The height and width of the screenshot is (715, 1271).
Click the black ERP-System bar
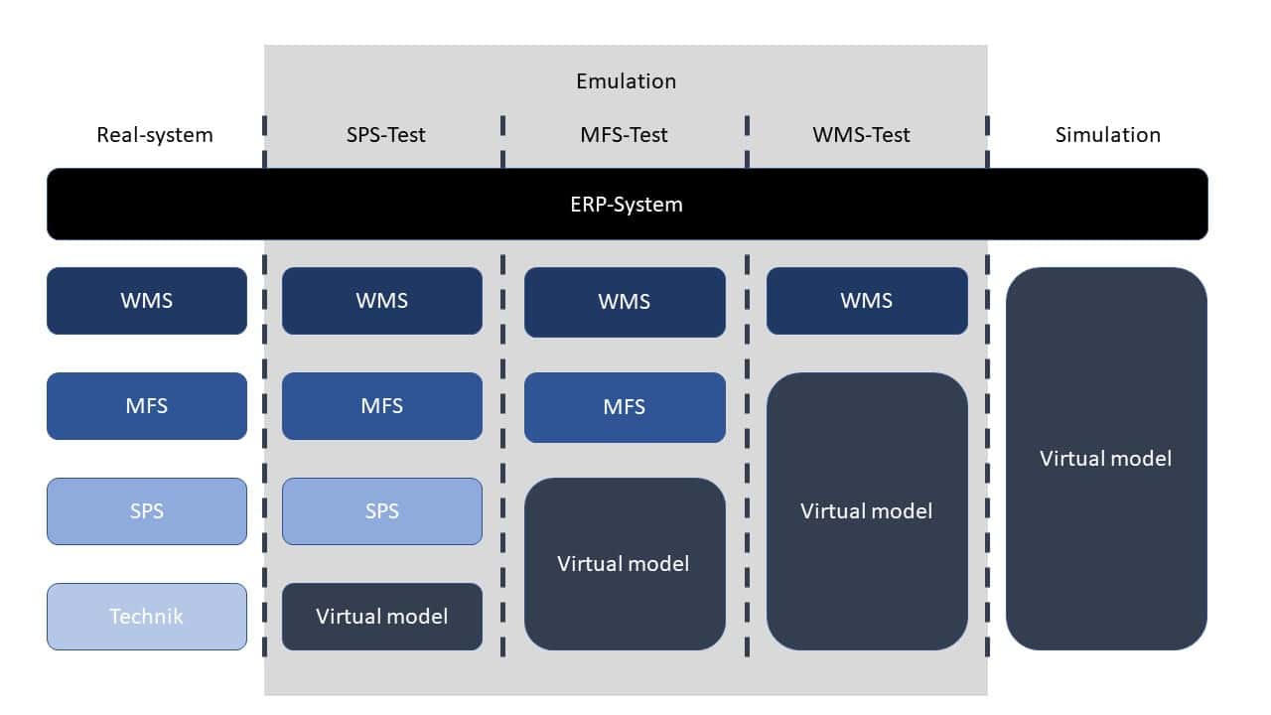(x=628, y=205)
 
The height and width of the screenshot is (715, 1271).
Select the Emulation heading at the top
(x=626, y=81)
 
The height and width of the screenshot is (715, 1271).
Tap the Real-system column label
(x=154, y=134)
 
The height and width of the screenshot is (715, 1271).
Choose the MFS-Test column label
(x=624, y=134)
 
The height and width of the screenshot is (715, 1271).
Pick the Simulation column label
(x=1107, y=134)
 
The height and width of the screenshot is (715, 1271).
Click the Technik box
(x=147, y=616)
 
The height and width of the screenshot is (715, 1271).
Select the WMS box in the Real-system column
(x=147, y=300)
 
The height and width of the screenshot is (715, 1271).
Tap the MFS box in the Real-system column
(x=147, y=405)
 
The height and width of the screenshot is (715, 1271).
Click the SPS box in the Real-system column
(x=147, y=510)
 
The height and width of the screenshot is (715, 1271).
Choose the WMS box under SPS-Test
(x=382, y=300)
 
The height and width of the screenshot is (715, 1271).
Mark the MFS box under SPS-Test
(x=382, y=405)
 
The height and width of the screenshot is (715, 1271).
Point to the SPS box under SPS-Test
(x=382, y=510)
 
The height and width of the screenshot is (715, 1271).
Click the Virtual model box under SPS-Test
(x=382, y=616)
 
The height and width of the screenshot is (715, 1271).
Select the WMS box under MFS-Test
(x=625, y=301)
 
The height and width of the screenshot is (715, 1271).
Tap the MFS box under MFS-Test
(x=625, y=407)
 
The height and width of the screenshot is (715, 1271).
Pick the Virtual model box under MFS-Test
(x=625, y=563)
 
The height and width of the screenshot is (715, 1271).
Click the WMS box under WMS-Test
(x=867, y=300)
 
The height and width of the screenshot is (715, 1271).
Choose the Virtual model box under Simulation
(x=1106, y=458)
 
